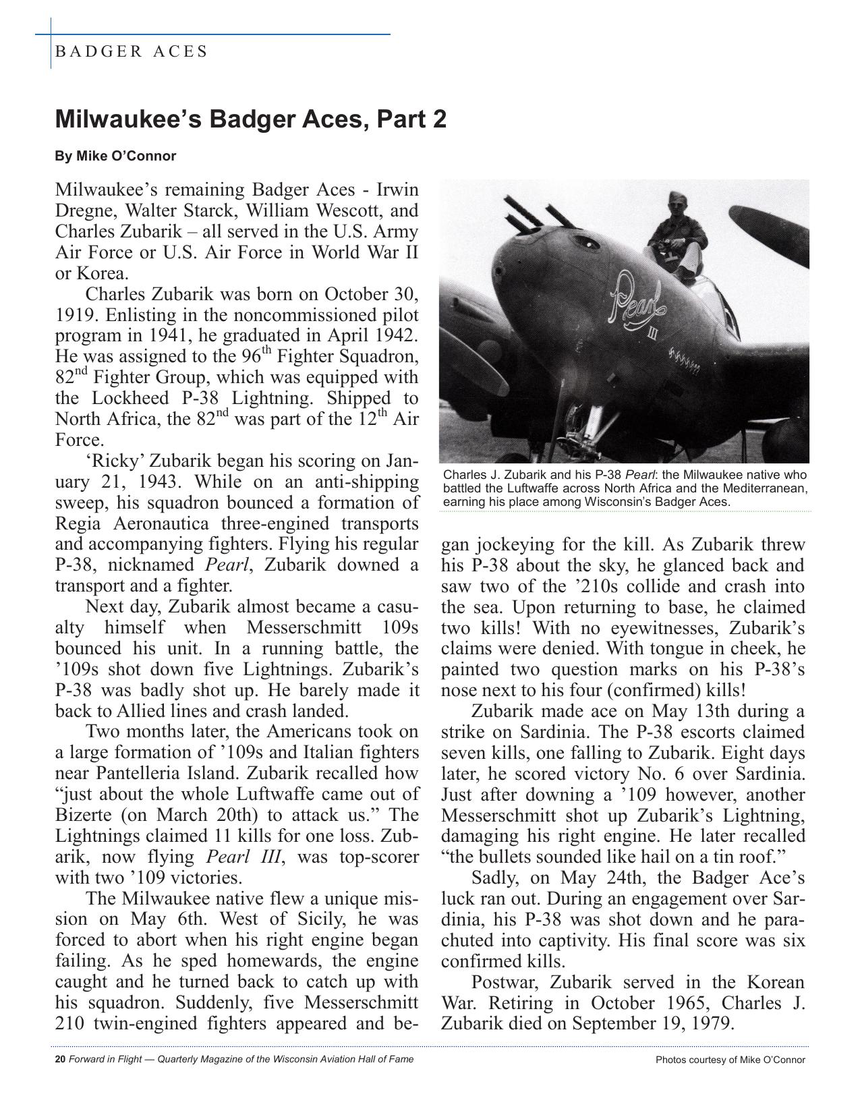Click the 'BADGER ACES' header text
tap(131, 51)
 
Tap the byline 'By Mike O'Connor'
tap(115, 156)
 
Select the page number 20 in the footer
tap(60, 1059)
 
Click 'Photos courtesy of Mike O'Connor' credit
tap(730, 1060)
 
